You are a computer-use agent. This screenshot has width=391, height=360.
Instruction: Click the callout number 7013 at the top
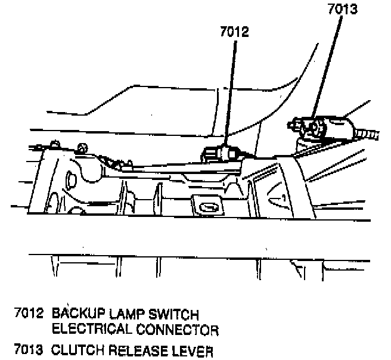pos(342,10)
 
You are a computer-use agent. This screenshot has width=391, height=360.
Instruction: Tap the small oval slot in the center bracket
pos(209,207)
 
